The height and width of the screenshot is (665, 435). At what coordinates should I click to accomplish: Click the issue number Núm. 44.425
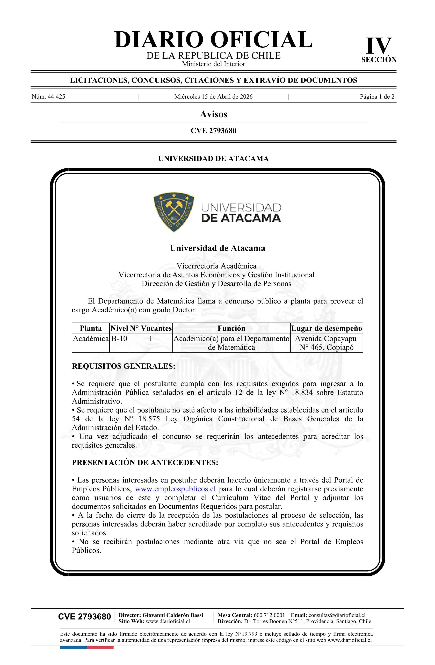(48, 97)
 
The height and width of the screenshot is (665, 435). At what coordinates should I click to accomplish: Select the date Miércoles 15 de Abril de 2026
(213, 97)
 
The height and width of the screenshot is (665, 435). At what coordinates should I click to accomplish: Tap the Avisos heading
(213, 114)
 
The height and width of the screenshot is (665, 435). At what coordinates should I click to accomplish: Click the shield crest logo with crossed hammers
(174, 212)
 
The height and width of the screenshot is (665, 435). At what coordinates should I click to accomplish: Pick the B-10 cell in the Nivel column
(119, 339)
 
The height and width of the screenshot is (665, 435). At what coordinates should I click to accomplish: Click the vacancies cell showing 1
(151, 339)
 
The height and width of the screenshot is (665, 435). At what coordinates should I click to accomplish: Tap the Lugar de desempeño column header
(327, 328)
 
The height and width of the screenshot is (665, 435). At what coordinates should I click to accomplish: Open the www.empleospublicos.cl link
(175, 489)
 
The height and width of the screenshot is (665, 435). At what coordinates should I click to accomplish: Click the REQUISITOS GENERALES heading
(124, 366)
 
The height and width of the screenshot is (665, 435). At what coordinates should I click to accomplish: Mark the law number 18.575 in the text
(149, 419)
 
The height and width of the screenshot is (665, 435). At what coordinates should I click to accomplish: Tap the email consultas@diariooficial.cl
(337, 615)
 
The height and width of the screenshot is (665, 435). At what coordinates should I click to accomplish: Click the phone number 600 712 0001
(269, 615)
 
